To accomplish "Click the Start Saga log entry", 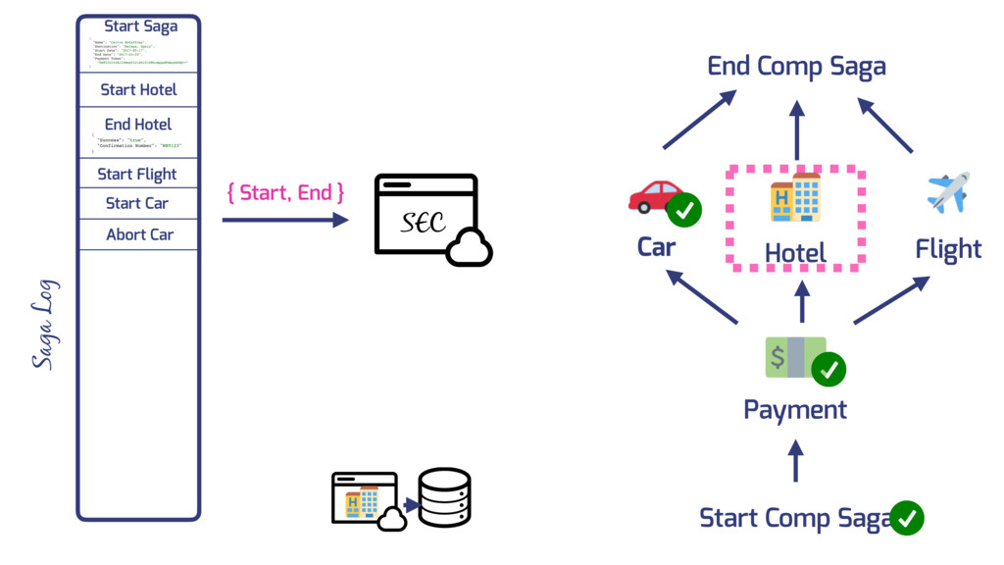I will [141, 26].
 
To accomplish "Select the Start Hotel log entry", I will [139, 89].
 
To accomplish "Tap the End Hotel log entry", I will [138, 125].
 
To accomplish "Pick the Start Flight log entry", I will [137, 175].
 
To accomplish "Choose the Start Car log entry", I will [137, 203].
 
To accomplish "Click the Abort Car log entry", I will [139, 234].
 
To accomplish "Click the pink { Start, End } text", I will [285, 192].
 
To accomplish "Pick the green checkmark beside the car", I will [684, 210].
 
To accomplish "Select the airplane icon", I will [948, 191].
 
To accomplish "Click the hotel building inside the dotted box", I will [795, 198].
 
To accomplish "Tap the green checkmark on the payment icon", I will [828, 369].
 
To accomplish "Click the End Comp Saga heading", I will [796, 67].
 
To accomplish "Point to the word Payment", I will [795, 409].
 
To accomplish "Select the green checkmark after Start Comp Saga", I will [907, 517].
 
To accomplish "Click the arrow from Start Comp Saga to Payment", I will [796, 460].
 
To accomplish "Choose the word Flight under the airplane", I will [948, 249].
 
